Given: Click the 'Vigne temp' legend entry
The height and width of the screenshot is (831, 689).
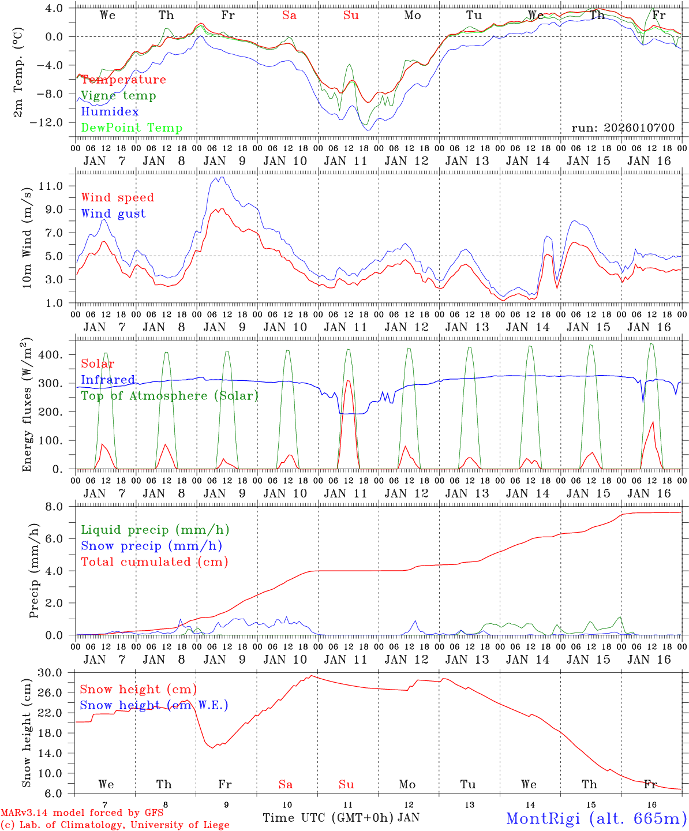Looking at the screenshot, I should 118,96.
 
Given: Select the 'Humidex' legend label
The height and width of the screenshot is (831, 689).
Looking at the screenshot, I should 110,112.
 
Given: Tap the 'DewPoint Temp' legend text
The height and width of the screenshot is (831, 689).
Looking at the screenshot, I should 132,128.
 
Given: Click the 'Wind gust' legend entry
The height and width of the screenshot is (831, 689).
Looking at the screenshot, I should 113,214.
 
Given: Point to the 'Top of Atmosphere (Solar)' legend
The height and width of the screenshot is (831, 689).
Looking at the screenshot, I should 170,396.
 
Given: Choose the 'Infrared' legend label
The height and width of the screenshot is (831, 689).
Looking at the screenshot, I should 108,380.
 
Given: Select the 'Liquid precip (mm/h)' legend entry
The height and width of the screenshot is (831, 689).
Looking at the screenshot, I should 155,530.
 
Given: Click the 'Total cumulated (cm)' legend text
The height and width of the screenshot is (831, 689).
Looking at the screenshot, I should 155,562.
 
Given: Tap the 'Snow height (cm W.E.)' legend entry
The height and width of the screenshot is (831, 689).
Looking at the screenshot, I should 154,705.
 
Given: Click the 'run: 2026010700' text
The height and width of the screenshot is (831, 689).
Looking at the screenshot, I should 623,128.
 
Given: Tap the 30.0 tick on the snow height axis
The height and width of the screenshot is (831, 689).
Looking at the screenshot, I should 56,673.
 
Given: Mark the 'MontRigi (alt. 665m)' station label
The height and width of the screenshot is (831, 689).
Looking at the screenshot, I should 596,818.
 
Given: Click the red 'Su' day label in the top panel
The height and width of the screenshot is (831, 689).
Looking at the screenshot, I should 351,16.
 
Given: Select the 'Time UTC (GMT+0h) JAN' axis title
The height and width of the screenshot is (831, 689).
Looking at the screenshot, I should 341,818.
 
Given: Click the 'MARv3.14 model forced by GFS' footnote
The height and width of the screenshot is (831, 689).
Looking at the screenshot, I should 81,813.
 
